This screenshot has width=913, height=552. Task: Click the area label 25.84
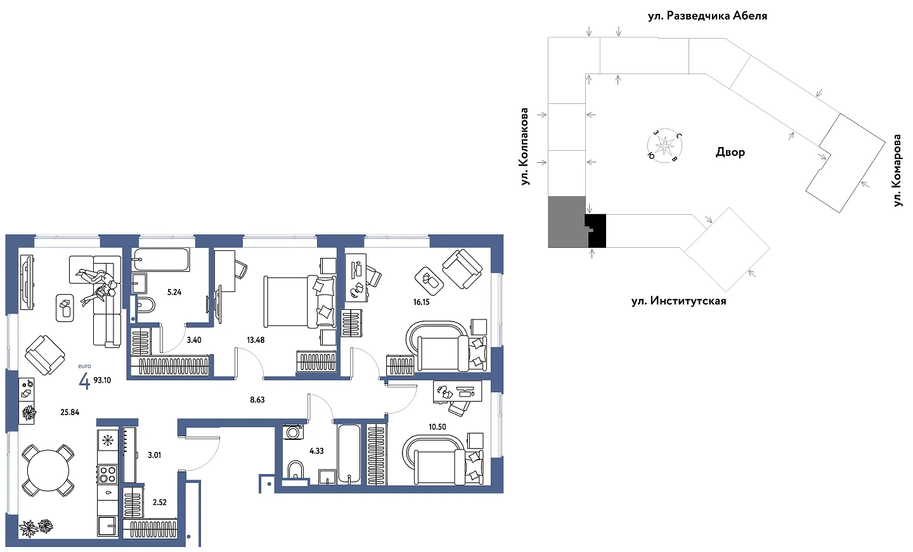click(x=70, y=413)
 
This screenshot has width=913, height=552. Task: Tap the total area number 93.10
click(x=102, y=380)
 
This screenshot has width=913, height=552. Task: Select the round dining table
click(x=48, y=470)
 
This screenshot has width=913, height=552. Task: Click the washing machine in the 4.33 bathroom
click(x=293, y=432)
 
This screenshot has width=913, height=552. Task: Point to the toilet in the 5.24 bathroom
click(x=146, y=305)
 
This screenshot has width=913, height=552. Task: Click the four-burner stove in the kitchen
click(x=108, y=474)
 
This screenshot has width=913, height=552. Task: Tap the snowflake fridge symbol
click(x=108, y=440)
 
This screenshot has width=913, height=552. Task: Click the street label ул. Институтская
click(x=678, y=301)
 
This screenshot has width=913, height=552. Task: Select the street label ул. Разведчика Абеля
click(x=708, y=16)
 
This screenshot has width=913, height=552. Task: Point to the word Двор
click(x=730, y=152)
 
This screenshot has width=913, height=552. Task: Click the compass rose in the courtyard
click(x=664, y=145)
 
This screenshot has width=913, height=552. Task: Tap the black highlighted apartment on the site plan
click(x=596, y=231)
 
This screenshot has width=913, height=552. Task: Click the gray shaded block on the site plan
click(x=567, y=222)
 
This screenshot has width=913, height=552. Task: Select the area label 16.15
click(x=422, y=302)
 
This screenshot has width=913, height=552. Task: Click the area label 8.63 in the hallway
click(x=257, y=400)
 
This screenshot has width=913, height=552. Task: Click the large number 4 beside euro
click(x=84, y=381)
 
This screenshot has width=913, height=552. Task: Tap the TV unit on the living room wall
click(x=27, y=282)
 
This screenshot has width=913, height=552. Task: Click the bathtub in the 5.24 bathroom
click(x=162, y=259)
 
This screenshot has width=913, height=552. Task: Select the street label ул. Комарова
click(x=897, y=170)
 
